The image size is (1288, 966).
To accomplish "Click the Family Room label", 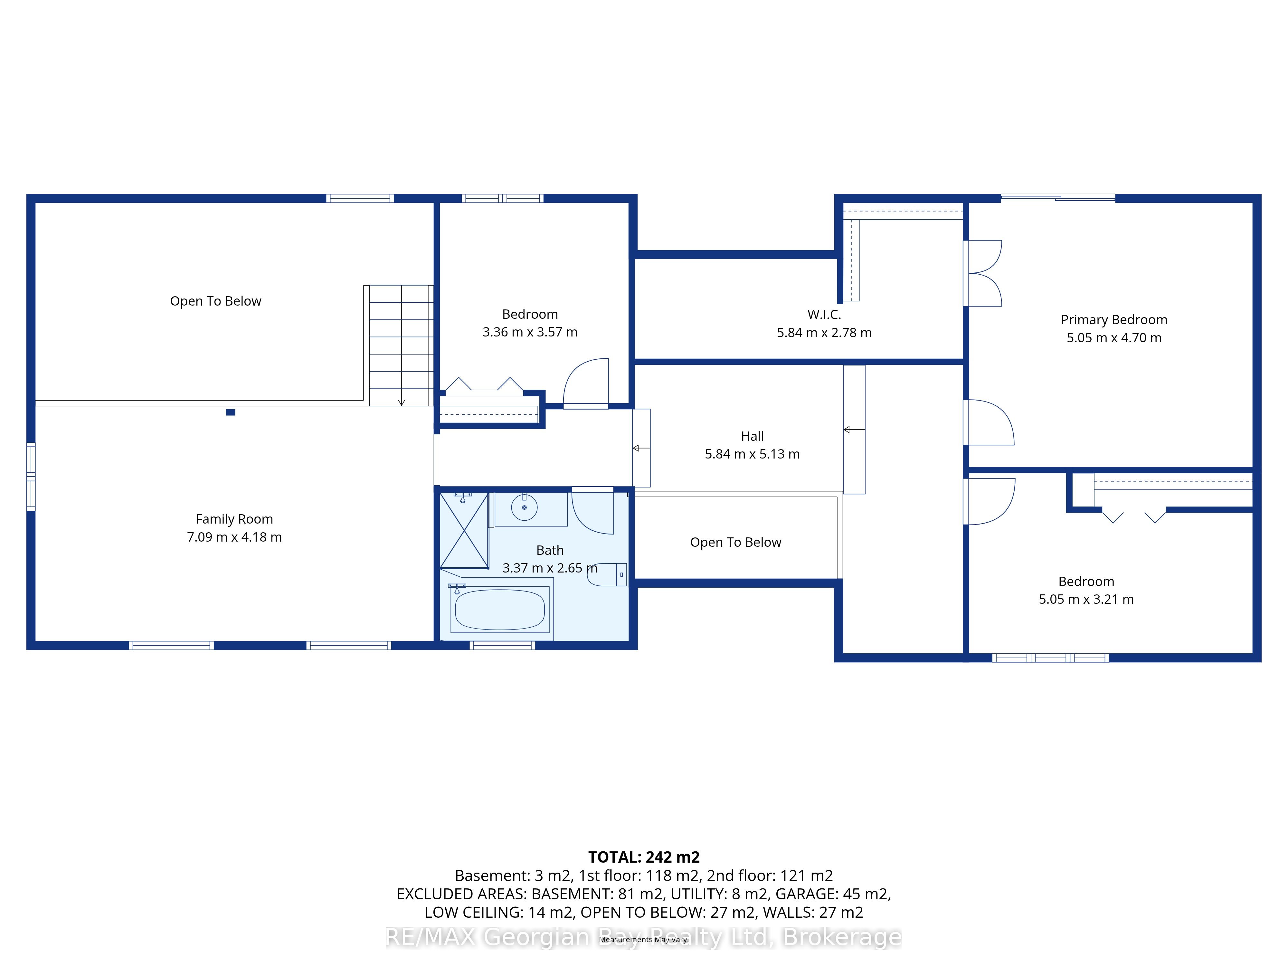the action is (x=234, y=519).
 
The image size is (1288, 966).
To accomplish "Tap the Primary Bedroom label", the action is (x=1114, y=320).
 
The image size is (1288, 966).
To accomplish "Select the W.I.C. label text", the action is (x=824, y=314).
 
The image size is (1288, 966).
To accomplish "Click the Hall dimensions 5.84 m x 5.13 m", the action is (x=752, y=454).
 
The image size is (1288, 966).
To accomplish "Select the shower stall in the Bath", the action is (x=464, y=530).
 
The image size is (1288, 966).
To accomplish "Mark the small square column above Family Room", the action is (x=231, y=412).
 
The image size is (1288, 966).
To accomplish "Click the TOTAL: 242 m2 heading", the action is (x=644, y=857).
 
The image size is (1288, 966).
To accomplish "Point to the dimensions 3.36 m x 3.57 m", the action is (x=530, y=332).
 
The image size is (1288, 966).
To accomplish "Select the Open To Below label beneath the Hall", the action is (x=735, y=542).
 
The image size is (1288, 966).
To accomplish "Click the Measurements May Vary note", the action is (x=644, y=939).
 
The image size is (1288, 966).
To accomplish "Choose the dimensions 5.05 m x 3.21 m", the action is (x=1086, y=599).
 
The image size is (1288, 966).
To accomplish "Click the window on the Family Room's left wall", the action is (x=31, y=477).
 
